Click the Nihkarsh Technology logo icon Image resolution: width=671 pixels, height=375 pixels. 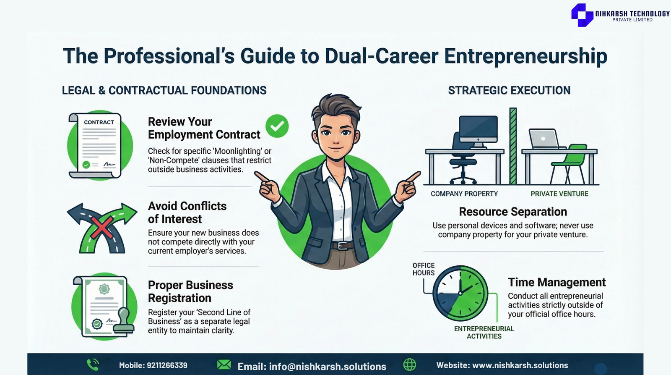coord(582,15)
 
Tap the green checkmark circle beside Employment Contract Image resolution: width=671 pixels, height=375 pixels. coord(277,126)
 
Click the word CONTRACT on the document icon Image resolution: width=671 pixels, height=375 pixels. coord(99,122)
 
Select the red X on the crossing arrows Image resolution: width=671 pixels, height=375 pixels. coord(102,228)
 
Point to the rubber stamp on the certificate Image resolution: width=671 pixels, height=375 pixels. coord(124,320)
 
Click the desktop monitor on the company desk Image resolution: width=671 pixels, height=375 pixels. coord(479,131)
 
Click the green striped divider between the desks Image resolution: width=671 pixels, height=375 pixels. coord(513,146)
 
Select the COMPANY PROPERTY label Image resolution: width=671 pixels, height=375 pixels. coord(464,194)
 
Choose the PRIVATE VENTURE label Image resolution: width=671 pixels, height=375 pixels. coord(559,194)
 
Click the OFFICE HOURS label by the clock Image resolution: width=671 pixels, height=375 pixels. coord(423,269)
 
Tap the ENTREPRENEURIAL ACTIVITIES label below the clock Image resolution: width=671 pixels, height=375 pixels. coord(484,333)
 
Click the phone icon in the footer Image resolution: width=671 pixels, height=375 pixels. coord(93,365)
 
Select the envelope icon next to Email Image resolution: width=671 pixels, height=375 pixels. coord(224,365)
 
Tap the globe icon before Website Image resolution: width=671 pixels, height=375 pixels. coord(409,365)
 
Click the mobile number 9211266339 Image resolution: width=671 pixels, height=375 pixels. coord(167,365)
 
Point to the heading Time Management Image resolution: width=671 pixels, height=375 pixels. coord(557,282)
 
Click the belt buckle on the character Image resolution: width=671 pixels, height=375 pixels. coord(341,246)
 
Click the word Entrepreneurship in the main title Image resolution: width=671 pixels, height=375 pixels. coord(526,56)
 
